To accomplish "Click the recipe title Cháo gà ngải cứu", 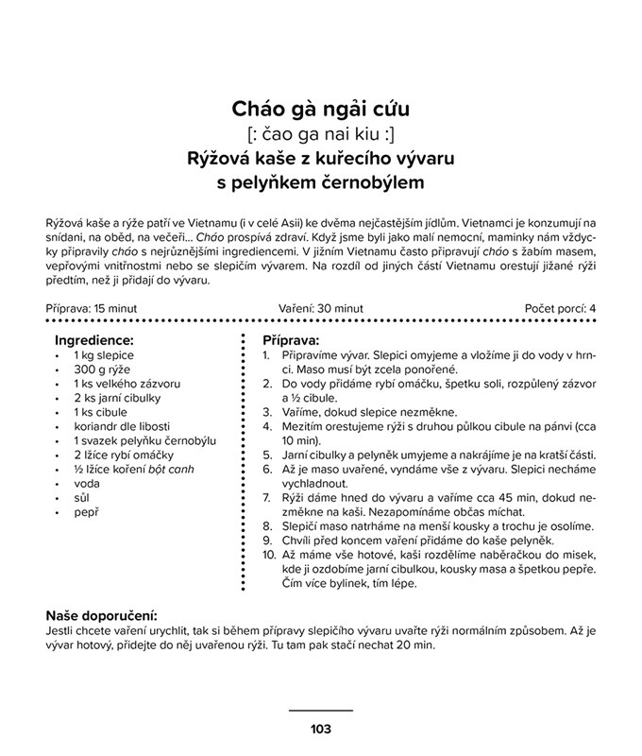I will pyautogui.click(x=320, y=112).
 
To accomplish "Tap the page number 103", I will pyautogui.click(x=320, y=728).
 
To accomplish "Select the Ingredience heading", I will pyautogui.click(x=93, y=339).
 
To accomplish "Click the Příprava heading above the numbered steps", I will pyautogui.click(x=291, y=339).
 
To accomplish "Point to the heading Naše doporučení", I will pyautogui.click(x=101, y=615).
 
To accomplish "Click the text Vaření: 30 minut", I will pyautogui.click(x=321, y=308).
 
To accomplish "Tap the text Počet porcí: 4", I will pyautogui.click(x=560, y=308).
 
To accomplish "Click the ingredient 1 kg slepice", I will pyautogui.click(x=105, y=355).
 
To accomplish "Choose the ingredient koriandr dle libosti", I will pyautogui.click(x=126, y=426).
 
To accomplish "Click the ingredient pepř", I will pyautogui.click(x=86, y=511).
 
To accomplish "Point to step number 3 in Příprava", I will pyautogui.click(x=266, y=412).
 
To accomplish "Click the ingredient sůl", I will pyautogui.click(x=82, y=497).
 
